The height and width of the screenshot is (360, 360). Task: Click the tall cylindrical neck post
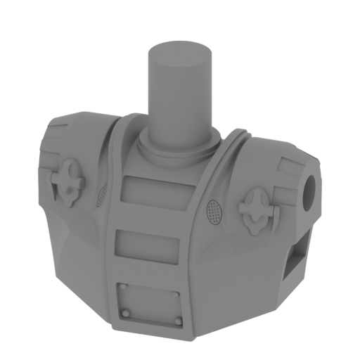(x=179, y=95)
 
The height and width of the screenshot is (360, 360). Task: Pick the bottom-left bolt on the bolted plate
(x=125, y=313)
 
